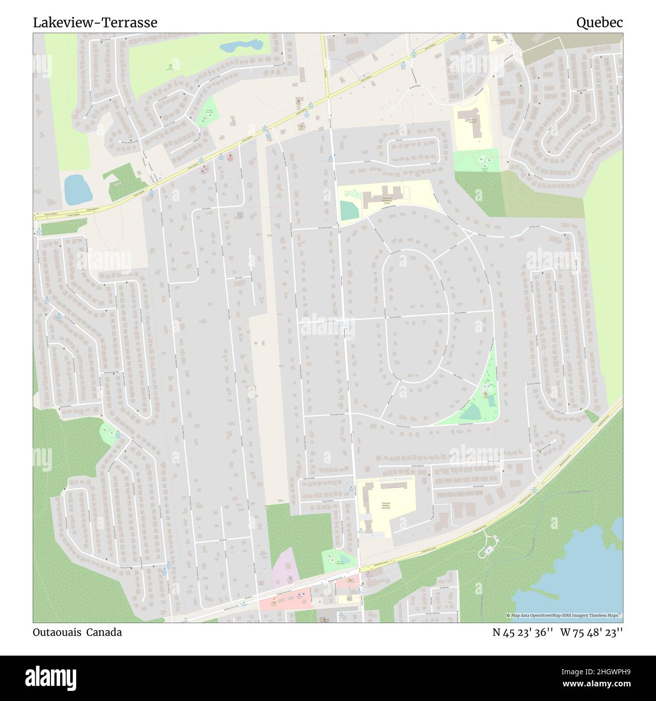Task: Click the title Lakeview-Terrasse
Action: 95,23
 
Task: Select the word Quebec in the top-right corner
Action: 599,23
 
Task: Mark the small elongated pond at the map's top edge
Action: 241,46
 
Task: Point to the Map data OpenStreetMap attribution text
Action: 564,615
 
